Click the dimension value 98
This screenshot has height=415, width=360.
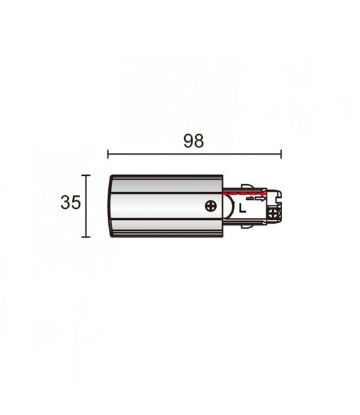tap(193, 142)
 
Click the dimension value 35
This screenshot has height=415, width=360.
tap(70, 203)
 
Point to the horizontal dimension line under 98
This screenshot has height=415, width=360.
tap(194, 154)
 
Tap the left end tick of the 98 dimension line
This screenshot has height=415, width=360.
tap(108, 154)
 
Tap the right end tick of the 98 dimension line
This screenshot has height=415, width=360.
tap(281, 154)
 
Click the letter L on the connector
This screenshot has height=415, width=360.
tap(242, 209)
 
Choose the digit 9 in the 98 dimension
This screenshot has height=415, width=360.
tap(187, 142)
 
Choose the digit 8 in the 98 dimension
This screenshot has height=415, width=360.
tap(198, 142)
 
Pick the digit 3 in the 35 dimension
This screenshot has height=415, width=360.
tap(66, 203)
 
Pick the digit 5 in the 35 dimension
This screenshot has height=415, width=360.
tap(75, 203)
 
